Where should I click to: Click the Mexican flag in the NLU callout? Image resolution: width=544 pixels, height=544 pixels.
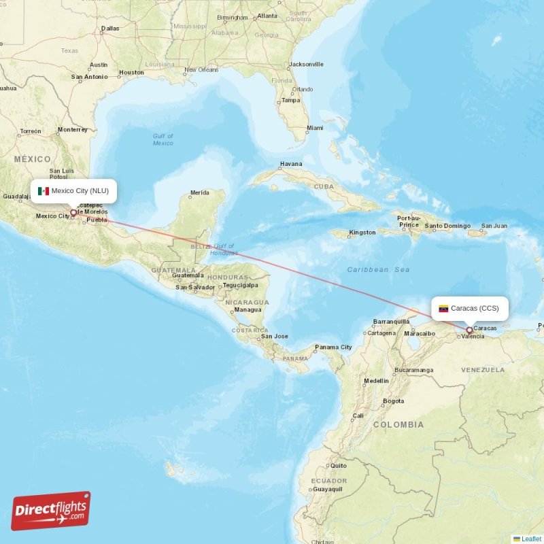coord(44,191)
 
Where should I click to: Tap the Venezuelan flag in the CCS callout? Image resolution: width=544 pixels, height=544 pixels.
coord(443,309)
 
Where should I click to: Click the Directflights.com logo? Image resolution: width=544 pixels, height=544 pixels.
coord(51,510)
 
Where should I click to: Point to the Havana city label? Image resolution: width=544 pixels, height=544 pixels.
coord(291,164)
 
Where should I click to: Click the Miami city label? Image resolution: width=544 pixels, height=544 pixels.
coord(315,128)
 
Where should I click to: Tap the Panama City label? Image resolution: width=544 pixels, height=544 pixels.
coord(333,347)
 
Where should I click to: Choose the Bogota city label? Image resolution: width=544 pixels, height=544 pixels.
coord(393,401)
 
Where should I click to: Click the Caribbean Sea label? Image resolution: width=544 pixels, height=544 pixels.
coord(378,270)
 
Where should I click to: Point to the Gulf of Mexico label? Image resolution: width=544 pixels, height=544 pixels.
coord(163,139)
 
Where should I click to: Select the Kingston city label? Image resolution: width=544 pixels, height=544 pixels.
coord(362,233)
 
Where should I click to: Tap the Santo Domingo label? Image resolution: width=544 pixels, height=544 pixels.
coord(447,226)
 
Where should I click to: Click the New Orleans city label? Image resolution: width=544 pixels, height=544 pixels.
coord(201,69)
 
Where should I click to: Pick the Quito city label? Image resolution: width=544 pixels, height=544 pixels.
coord(338,466)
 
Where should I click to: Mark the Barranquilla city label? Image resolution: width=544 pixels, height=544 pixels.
coord(391,322)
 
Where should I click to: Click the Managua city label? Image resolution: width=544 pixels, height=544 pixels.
coord(248,309)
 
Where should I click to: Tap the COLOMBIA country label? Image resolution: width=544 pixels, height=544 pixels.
coord(398,424)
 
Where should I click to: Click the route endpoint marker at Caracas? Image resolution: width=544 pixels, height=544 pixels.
coord(469,330)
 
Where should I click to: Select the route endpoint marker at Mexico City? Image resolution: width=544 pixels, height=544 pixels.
coord(73,213)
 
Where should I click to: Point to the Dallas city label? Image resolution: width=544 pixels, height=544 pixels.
coord(110,29)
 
